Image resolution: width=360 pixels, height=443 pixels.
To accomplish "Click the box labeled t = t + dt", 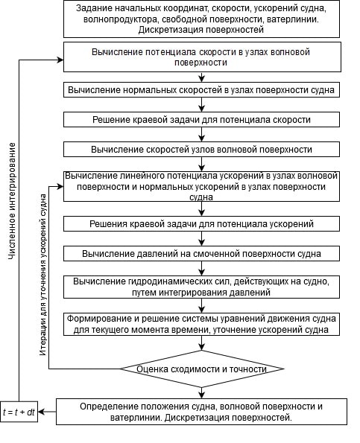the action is pos(19,412).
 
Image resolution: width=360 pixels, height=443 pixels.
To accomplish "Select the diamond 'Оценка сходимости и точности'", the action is pos(202,369).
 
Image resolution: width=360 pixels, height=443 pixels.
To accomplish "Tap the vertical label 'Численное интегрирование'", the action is pos(12,201).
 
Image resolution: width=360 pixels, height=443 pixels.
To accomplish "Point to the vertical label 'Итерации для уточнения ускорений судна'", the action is pos(42,274).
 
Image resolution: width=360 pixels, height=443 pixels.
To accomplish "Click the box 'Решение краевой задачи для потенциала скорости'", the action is pos(201,120).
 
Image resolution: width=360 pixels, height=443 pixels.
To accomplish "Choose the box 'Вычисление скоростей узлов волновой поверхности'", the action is pos(201,149).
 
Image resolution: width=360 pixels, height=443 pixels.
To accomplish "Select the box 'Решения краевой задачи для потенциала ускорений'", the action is pos(201,224).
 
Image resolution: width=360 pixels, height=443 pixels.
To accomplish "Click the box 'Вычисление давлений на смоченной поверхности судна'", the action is pos(201,253).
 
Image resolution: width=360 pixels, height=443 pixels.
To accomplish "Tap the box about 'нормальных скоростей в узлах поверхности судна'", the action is pos(201,90).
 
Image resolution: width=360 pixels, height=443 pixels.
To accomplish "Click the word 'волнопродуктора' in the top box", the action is pos(120,19).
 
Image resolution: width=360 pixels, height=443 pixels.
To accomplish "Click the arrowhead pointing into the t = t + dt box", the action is pos(41,412).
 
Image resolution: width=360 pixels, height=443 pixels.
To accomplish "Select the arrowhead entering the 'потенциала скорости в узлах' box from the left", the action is pos(60,60).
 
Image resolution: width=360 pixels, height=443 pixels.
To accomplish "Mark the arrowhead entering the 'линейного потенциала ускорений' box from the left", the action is pos(60,186).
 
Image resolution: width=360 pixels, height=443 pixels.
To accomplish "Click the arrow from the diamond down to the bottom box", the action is pos(201,392).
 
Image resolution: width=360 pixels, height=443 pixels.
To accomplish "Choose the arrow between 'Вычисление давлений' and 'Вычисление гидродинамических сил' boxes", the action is pos(201,268).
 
